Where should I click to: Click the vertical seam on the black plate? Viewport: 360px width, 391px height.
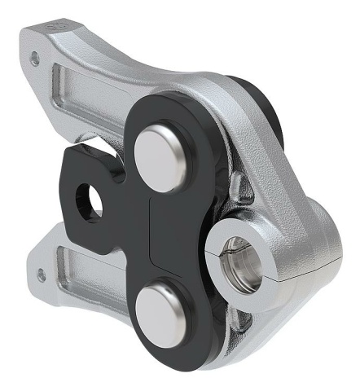[x=153, y=236]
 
